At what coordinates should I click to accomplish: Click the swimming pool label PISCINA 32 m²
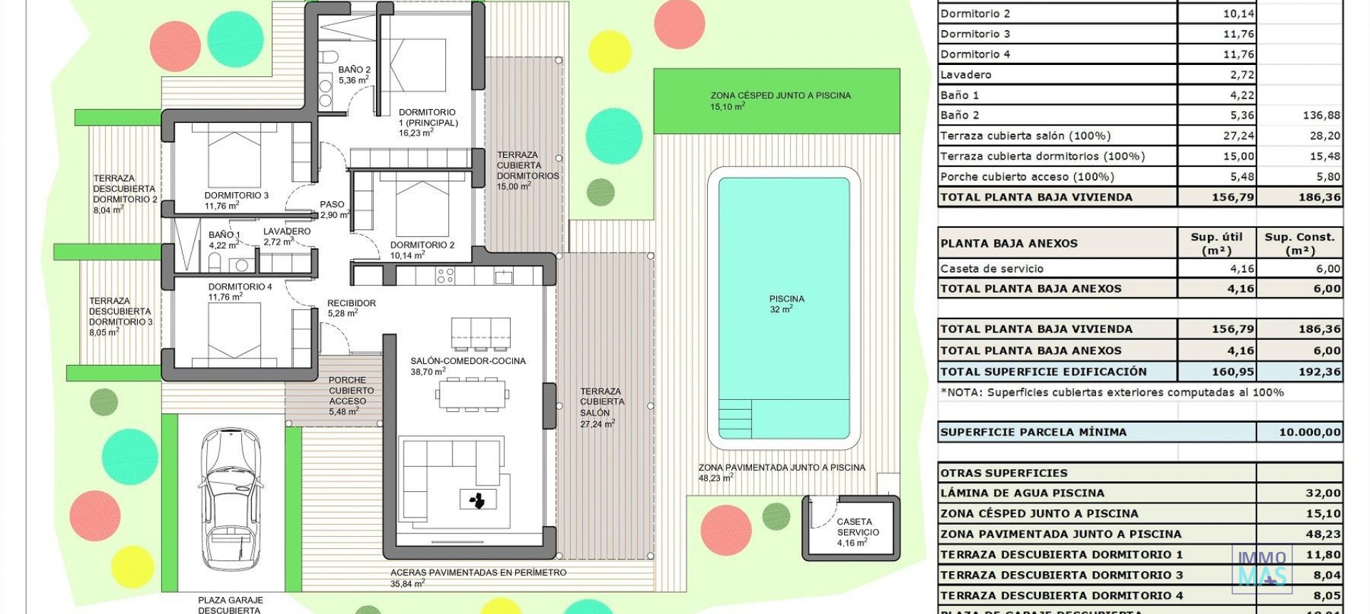click(x=786, y=304)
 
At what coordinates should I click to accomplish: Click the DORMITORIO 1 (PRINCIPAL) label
click(x=428, y=122)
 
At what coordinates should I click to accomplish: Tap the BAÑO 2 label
click(x=354, y=75)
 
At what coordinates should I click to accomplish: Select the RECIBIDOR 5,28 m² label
click(x=351, y=308)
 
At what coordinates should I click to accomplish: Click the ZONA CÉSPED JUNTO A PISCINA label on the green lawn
click(x=780, y=100)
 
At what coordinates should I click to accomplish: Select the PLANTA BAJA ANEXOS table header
click(x=1009, y=243)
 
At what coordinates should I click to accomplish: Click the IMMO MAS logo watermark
click(x=1262, y=568)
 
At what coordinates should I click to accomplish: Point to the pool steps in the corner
click(x=735, y=418)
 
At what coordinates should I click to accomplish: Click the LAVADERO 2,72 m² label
click(x=287, y=236)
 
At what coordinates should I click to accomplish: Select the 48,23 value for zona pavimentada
click(x=1322, y=534)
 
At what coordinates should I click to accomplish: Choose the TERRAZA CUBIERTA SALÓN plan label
click(x=602, y=407)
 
